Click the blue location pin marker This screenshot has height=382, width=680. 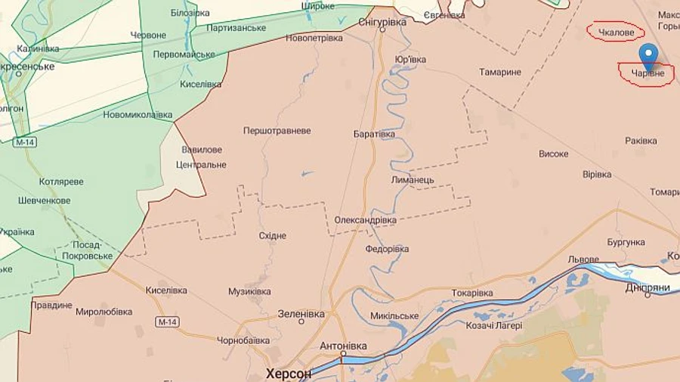pyautogui.click(x=648, y=54)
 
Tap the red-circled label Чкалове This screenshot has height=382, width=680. pyautogui.click(x=615, y=32)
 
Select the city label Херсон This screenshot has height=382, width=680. pyautogui.click(x=288, y=374)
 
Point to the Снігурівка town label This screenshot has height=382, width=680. pyautogui.click(x=382, y=23)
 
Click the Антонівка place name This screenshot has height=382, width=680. pyautogui.click(x=343, y=346)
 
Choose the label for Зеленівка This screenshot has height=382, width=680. pyautogui.click(x=301, y=313)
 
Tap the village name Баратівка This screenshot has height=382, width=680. pyautogui.click(x=374, y=134)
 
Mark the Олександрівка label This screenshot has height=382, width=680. pyautogui.click(x=365, y=220)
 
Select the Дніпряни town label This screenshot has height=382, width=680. pyautogui.click(x=648, y=287)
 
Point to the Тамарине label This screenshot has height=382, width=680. pyautogui.click(x=500, y=72)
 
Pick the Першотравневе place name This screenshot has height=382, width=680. pyautogui.click(x=277, y=131)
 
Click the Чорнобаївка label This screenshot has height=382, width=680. pyautogui.click(x=243, y=340)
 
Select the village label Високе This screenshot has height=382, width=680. pyautogui.click(x=553, y=154)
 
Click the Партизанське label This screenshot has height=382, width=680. pyautogui.click(x=236, y=28)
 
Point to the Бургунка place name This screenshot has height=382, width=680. pyautogui.click(x=626, y=242)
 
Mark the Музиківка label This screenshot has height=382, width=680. pyautogui.click(x=249, y=291)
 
